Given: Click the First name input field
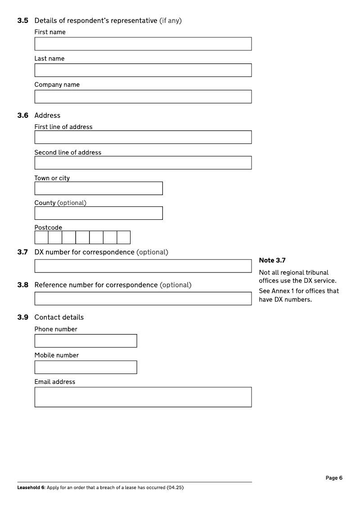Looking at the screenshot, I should (x=143, y=44).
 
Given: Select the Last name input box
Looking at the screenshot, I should (x=143, y=70).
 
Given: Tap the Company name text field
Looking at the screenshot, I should (x=143, y=97).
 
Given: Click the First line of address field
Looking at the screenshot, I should (x=143, y=137).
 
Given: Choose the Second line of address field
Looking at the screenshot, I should (x=143, y=163).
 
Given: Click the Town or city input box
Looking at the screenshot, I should (x=98, y=188).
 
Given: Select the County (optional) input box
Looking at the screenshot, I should (x=98, y=213).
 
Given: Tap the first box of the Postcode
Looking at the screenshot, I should (x=41, y=237).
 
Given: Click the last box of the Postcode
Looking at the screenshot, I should (x=124, y=237).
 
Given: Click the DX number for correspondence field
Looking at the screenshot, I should (x=143, y=266).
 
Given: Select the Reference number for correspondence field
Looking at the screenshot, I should (x=143, y=299).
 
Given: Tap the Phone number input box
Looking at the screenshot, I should (x=85, y=341).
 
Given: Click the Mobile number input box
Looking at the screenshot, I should (x=85, y=367).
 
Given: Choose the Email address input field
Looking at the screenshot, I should (x=143, y=397).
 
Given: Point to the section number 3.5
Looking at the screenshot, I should (x=22, y=21).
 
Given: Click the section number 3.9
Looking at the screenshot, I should (x=22, y=317).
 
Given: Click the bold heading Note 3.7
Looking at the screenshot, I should (x=272, y=260).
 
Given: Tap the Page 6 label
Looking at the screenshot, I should (x=334, y=478).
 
